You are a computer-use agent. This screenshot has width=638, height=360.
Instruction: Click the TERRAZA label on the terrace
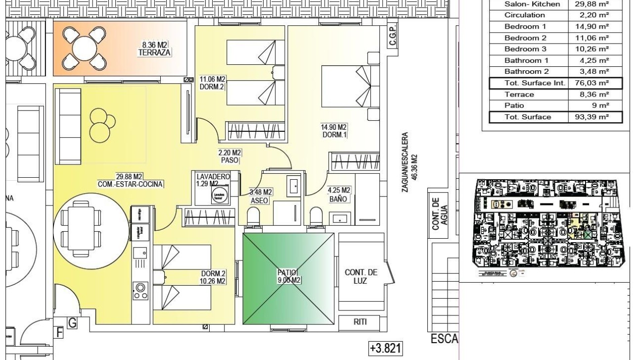click(x=155, y=52)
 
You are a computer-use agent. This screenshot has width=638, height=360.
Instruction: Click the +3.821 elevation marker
click(x=386, y=349)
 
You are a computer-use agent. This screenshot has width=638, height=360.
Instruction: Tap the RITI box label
click(x=360, y=322)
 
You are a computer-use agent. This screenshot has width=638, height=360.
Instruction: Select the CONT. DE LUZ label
click(x=361, y=276)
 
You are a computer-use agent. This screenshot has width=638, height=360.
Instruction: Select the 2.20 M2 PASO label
click(x=230, y=156)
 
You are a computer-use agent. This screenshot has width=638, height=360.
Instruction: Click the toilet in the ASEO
click(x=253, y=216)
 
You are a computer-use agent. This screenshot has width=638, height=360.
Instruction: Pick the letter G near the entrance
click(x=72, y=323)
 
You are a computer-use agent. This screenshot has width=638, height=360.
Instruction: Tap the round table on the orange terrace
click(x=84, y=49)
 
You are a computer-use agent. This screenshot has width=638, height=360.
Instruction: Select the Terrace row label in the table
click(x=519, y=94)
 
